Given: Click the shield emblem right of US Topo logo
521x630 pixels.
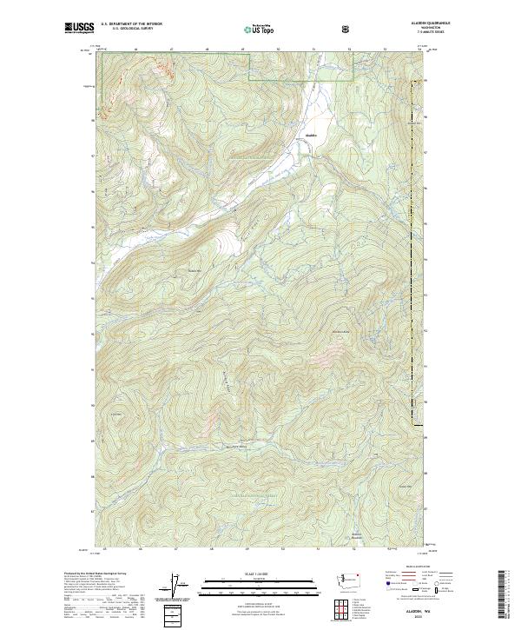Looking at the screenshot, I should point(346,30).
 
